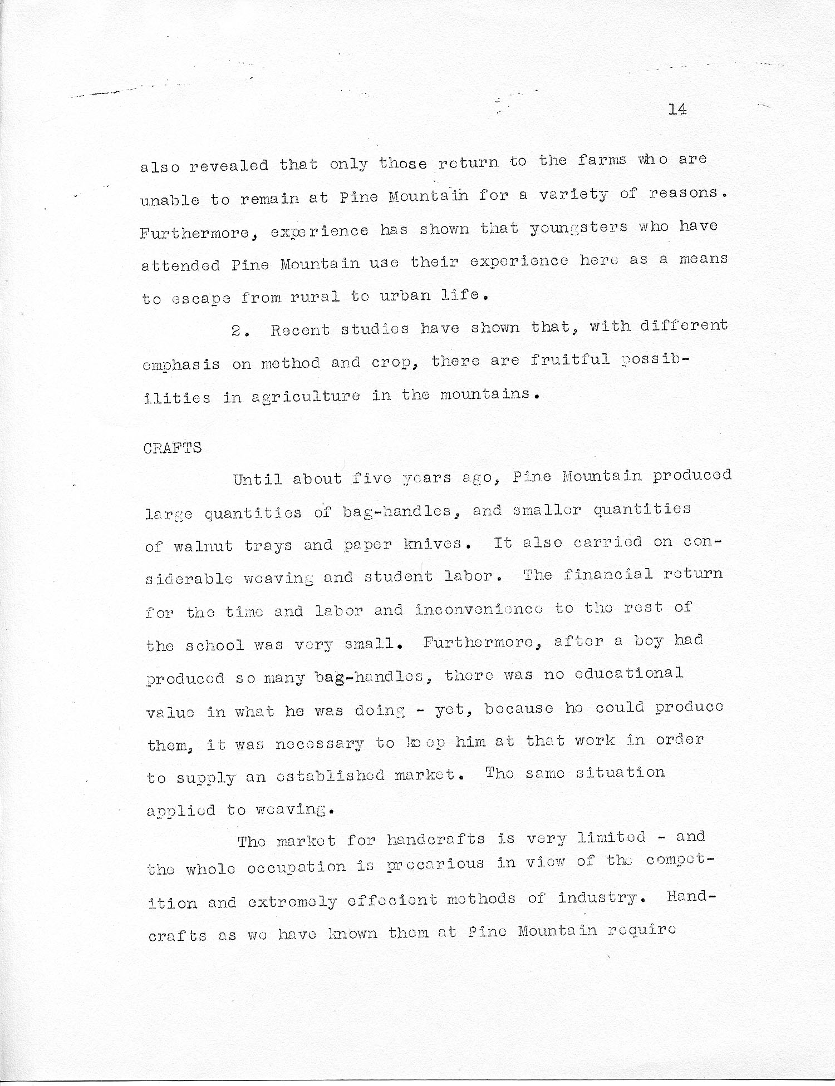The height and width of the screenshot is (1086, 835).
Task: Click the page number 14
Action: tap(677, 109)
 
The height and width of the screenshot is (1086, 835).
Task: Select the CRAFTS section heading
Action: tap(172, 448)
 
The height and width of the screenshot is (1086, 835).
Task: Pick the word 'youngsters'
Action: tap(578, 228)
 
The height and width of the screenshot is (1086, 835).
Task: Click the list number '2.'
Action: tap(240, 330)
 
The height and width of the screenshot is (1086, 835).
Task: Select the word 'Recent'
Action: tap(300, 330)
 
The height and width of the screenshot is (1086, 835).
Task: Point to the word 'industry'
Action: tap(597, 897)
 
